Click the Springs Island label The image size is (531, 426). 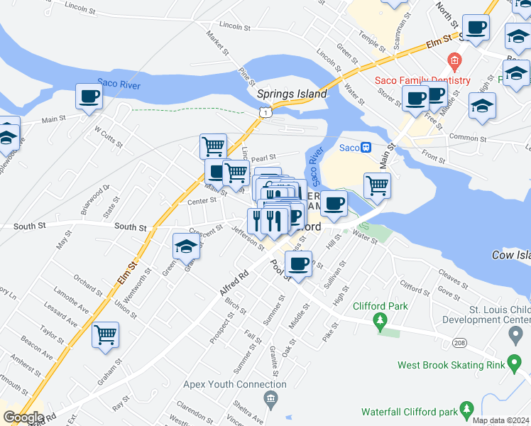tap(292, 94)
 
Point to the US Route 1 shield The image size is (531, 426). tap(264, 112)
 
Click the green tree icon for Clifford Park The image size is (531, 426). tap(381, 324)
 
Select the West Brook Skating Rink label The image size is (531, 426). tap(451, 366)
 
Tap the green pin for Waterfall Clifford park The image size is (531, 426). tap(466, 410)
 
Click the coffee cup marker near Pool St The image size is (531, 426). tap(299, 265)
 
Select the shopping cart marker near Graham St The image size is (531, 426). tap(106, 334)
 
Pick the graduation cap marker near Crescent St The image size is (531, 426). tap(186, 247)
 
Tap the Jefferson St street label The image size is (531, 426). tap(248, 236)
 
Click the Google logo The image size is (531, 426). tap(23, 417)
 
